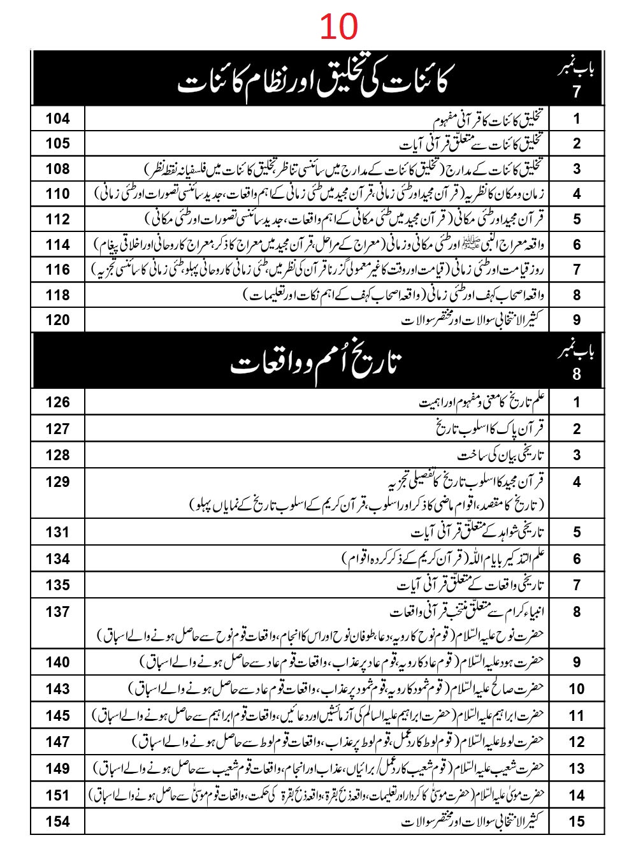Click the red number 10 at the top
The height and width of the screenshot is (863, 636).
(x=338, y=27)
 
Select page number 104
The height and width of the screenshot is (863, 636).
(x=57, y=119)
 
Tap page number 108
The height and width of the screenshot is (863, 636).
(x=57, y=169)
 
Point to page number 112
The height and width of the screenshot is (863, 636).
(x=57, y=219)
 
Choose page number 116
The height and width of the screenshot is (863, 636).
(x=57, y=270)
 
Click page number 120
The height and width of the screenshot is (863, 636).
(x=57, y=320)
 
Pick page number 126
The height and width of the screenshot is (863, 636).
(x=57, y=402)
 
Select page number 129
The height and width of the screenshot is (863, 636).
(x=57, y=482)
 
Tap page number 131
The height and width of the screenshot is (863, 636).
(x=57, y=532)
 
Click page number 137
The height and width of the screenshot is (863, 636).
(x=57, y=612)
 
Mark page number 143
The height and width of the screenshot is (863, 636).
(x=57, y=689)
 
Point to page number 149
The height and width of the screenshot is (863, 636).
(x=57, y=769)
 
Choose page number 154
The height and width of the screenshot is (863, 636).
(x=57, y=822)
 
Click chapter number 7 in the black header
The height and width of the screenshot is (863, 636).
(x=576, y=92)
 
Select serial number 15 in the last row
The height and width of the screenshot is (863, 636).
(x=576, y=822)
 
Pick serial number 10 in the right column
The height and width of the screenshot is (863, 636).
(x=576, y=689)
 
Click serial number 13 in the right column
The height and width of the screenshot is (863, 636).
(x=576, y=769)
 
